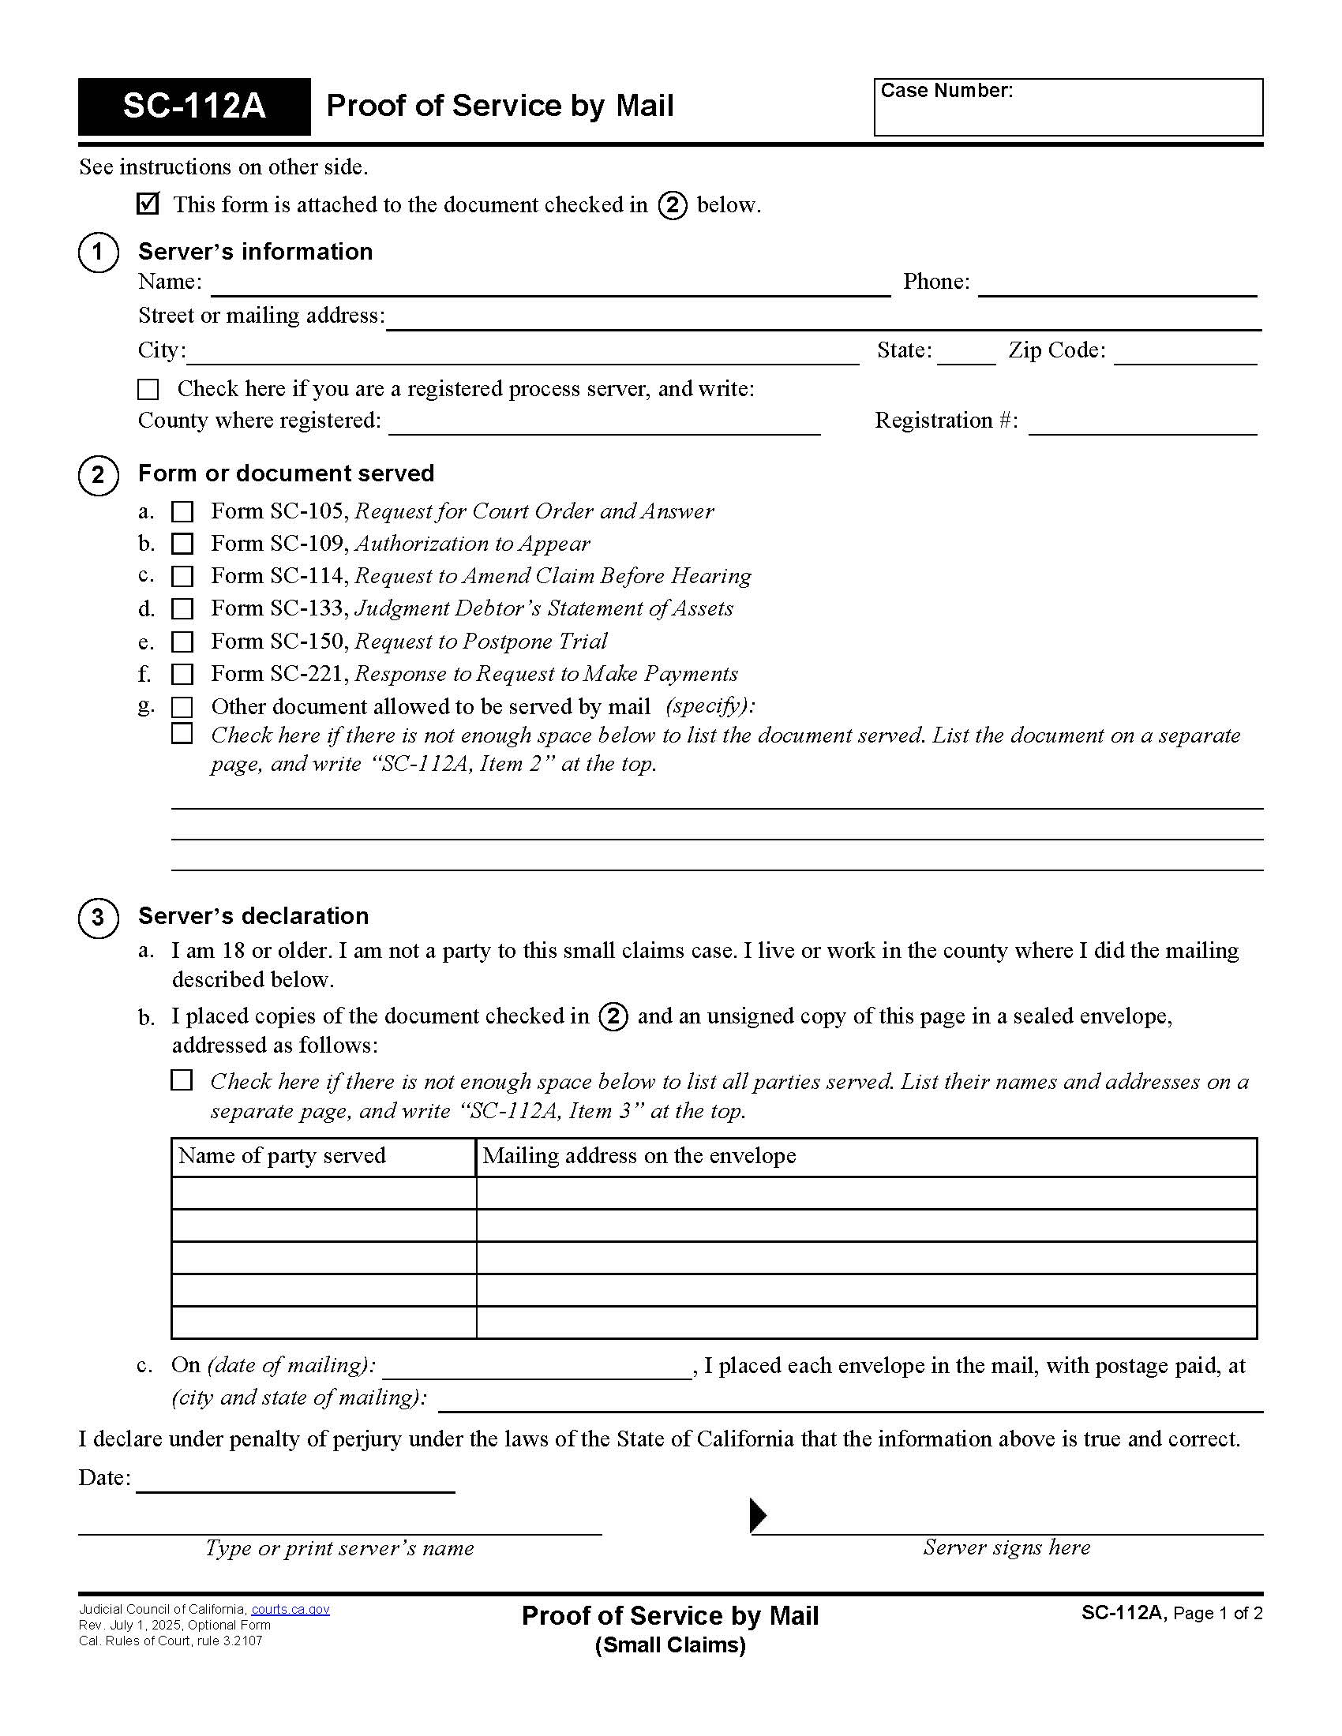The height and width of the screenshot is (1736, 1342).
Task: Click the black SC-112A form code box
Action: tap(194, 107)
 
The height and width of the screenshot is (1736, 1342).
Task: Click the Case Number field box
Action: tap(1068, 108)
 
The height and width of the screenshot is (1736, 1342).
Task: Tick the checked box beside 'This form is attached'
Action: tap(148, 204)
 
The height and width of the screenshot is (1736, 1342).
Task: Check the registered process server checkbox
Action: tap(148, 389)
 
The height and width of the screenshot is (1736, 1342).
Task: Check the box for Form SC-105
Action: tap(182, 511)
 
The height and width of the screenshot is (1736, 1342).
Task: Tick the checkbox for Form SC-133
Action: tap(182, 609)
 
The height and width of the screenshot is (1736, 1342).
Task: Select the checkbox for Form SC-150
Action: tap(182, 642)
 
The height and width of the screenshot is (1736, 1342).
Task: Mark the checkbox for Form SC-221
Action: tap(182, 674)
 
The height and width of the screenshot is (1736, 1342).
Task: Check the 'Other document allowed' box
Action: tap(182, 707)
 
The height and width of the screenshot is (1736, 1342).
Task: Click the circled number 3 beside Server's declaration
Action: tap(98, 918)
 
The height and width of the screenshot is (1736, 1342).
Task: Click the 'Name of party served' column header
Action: tap(283, 1156)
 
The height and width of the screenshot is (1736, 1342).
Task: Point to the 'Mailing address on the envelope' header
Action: tap(639, 1156)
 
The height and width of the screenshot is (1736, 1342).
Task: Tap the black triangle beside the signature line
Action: tap(758, 1516)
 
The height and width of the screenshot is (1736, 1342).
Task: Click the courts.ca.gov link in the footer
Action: tap(291, 1610)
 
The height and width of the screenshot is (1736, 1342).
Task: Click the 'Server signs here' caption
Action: tap(1006, 1547)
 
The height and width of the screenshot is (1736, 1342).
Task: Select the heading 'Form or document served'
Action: tap(287, 473)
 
